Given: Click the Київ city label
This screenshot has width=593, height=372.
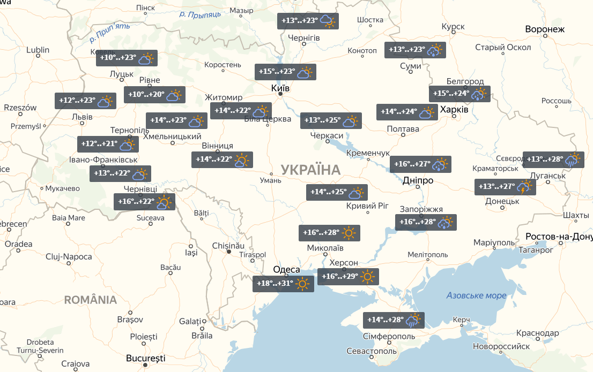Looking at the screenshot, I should (280, 88).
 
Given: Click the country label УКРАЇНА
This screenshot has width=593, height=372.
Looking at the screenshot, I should (310, 170).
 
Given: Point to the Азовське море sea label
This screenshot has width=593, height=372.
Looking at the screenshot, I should (476, 295).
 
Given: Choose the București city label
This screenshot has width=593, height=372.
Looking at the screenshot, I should (145, 358).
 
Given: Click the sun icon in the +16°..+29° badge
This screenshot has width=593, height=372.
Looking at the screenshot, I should (367, 277).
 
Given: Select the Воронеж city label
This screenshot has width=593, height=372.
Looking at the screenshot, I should (545, 29).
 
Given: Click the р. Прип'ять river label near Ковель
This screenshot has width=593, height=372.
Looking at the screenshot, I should (110, 32).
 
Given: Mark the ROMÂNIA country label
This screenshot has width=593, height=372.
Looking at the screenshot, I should (90, 300).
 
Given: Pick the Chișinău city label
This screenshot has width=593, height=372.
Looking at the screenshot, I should (228, 245).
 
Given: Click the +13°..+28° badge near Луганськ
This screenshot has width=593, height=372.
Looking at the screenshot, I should (553, 159).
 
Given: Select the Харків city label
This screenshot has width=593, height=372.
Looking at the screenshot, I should (454, 109).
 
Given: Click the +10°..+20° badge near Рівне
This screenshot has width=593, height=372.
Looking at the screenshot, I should (154, 95).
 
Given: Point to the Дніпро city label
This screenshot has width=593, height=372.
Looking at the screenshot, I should (418, 180).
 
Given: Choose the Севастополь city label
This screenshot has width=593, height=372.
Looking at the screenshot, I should (372, 351).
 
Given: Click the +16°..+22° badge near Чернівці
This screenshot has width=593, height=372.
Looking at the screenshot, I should (144, 202).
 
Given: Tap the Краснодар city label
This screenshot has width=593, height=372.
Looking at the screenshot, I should (539, 333).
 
